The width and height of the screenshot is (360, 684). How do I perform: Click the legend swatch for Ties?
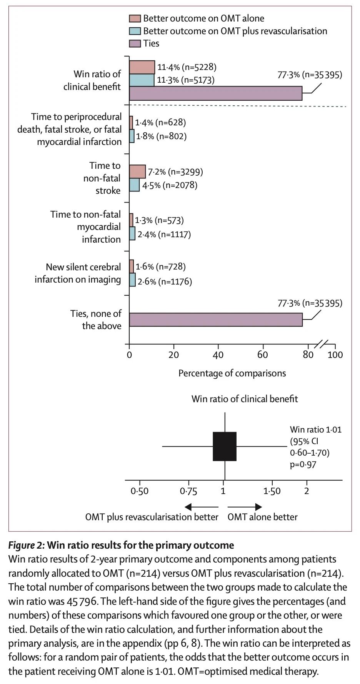point(135,43)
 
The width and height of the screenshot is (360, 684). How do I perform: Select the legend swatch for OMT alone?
point(135,18)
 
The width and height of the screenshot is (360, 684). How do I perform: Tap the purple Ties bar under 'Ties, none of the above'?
point(215,320)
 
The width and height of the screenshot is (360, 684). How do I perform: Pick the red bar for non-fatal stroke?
point(137,171)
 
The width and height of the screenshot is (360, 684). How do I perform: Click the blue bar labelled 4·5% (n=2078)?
point(134,185)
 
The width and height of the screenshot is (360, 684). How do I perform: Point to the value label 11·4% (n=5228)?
point(187,67)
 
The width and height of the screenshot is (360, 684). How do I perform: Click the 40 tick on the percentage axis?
point(218,354)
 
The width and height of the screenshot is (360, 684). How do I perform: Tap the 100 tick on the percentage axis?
point(335,354)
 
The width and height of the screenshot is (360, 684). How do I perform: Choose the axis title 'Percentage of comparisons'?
point(232,373)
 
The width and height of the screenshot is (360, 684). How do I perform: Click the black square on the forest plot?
point(225,446)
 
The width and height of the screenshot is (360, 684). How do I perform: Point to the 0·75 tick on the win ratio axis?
point(188,491)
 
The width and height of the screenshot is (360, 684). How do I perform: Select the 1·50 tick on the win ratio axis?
point(272,491)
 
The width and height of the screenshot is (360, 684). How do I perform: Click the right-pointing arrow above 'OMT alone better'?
point(245,507)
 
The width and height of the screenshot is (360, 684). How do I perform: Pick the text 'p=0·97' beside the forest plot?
point(303,464)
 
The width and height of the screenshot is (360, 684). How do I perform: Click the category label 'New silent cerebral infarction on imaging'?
point(78,273)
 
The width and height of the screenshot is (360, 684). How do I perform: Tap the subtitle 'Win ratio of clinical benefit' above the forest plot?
point(245,398)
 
